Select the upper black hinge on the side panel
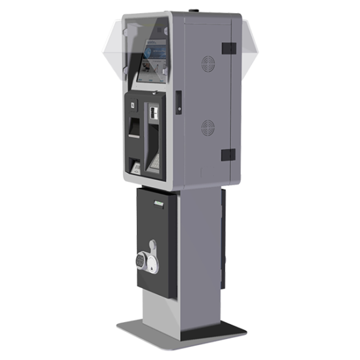tap(228, 48)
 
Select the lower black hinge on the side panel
tap(228, 154)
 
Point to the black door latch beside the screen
tap(177, 96)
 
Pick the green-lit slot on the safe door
tap(157, 205)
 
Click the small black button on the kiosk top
tap(193, 10)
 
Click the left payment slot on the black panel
tap(135, 127)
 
